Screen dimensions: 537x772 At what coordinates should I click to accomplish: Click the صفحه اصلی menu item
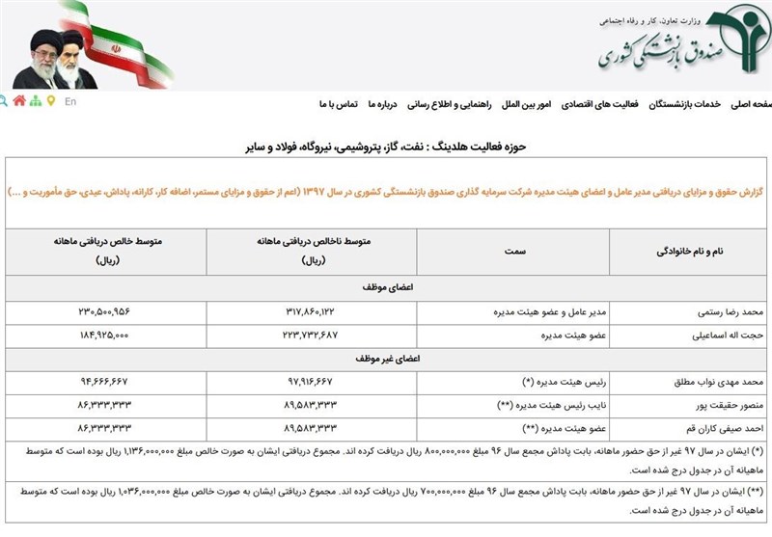750,103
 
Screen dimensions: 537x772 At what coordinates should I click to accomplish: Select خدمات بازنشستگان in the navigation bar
687,103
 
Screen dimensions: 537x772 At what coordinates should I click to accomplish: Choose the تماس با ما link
339,103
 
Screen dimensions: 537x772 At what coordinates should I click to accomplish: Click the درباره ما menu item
382,103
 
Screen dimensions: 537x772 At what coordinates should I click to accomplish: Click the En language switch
70,101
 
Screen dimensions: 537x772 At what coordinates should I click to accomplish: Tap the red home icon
19,100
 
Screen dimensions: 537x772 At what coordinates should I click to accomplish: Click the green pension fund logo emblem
728,42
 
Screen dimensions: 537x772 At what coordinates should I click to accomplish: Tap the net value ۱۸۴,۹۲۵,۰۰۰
117,335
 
